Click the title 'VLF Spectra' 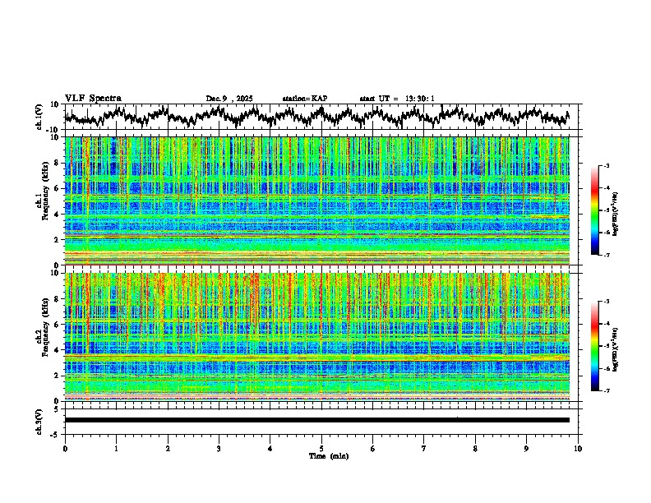(x=92, y=99)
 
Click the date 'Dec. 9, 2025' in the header (x=229, y=99)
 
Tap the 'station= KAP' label (x=304, y=99)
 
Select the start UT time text (x=397, y=99)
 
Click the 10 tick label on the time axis (x=578, y=448)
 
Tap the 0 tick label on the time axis (x=65, y=448)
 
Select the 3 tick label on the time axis (x=219, y=448)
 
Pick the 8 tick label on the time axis (x=475, y=448)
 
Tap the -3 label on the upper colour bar (x=606, y=167)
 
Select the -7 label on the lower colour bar (x=606, y=391)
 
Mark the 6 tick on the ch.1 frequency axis (x=58, y=188)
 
